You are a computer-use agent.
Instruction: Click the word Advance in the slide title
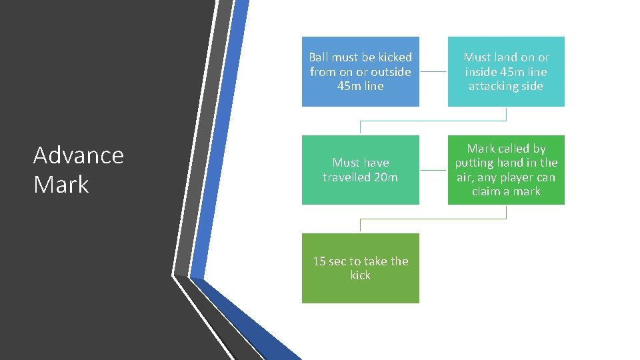[x=79, y=155]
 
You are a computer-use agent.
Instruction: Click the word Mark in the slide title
[x=61, y=184]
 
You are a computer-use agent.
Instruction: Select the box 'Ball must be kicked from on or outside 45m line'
[x=361, y=71]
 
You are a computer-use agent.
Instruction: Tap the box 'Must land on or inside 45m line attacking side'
[x=506, y=71]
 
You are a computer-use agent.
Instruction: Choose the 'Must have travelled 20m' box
[x=361, y=170]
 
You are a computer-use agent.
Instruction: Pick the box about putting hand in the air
[x=506, y=170]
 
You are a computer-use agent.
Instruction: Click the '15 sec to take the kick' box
[x=361, y=268]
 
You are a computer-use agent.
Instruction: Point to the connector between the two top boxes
[x=433, y=71]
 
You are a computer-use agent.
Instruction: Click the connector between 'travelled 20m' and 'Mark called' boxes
[x=433, y=170]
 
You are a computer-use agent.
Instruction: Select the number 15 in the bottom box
[x=319, y=261]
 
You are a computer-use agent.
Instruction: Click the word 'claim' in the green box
[x=487, y=191]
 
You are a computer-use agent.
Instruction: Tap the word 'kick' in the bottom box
[x=361, y=275]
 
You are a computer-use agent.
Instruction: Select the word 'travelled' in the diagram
[x=347, y=177]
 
